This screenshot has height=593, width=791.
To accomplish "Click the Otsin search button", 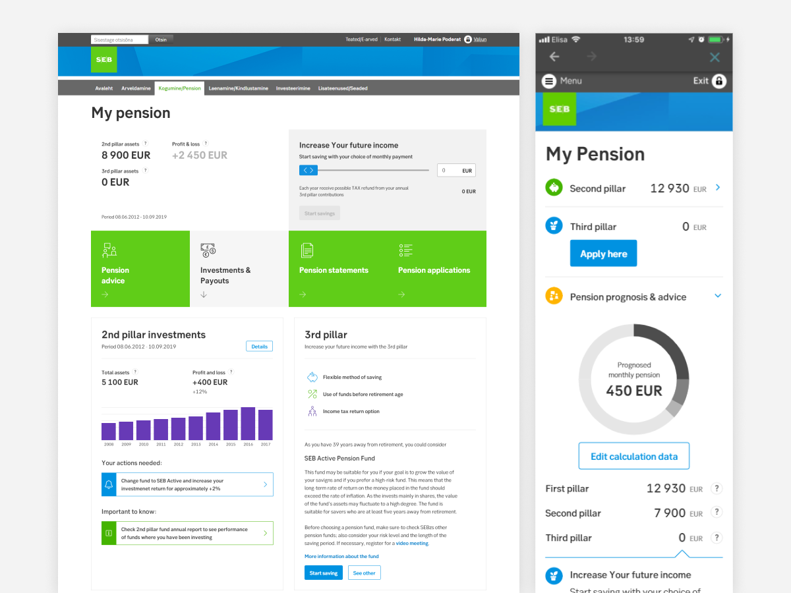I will pyautogui.click(x=161, y=40).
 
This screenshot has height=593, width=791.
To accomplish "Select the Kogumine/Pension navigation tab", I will pyautogui.click(x=179, y=88).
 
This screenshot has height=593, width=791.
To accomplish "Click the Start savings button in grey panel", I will pyautogui.click(x=320, y=213).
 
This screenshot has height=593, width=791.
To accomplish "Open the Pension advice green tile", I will pyautogui.click(x=140, y=269).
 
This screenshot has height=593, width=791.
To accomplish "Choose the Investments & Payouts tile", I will pyautogui.click(x=239, y=269).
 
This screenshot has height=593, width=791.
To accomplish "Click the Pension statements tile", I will pyautogui.click(x=338, y=269).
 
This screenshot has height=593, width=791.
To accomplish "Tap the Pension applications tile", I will pyautogui.click(x=437, y=269).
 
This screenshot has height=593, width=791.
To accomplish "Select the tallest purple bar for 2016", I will pyautogui.click(x=248, y=424).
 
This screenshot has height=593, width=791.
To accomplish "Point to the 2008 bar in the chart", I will pyautogui.click(x=109, y=432).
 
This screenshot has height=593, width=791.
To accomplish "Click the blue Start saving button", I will pyautogui.click(x=324, y=573).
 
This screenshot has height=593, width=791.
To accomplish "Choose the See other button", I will pyautogui.click(x=364, y=573).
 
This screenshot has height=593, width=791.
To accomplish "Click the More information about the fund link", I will pyautogui.click(x=341, y=557).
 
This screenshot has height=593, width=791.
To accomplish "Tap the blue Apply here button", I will pyautogui.click(x=603, y=254).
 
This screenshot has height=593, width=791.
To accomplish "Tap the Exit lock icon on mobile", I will pyautogui.click(x=718, y=81).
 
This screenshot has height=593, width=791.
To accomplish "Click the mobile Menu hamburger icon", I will pyautogui.click(x=549, y=81).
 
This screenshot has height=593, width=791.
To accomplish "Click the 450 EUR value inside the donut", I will pyautogui.click(x=633, y=391).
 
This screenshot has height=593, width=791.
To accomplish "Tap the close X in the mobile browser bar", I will pyautogui.click(x=715, y=57).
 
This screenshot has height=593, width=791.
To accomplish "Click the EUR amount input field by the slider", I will pyautogui.click(x=455, y=171).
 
